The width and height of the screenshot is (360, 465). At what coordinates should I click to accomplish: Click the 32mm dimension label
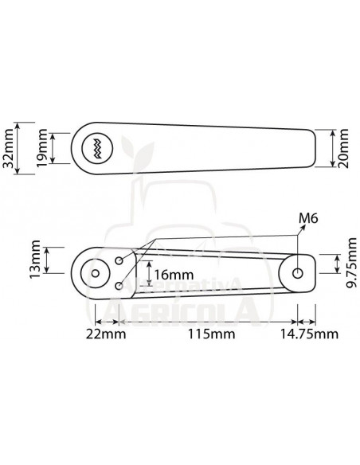coord(8,148)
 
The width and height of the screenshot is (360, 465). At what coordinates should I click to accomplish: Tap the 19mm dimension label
coord(42,147)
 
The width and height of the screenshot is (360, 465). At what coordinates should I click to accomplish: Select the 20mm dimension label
coord(343,148)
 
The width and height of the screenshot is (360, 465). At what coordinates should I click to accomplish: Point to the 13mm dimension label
coord(35,260)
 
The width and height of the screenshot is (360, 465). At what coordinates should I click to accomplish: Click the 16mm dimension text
coord(174,275)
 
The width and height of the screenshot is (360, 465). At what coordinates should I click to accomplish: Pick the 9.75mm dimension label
coord(352,264)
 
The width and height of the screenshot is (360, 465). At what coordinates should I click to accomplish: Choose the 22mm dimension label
coord(106,334)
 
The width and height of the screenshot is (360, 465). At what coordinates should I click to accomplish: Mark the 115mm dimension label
coord(211,334)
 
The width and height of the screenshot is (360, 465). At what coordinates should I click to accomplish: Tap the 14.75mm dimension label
coord(309,334)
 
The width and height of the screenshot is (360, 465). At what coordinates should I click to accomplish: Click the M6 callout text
coord(308,218)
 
